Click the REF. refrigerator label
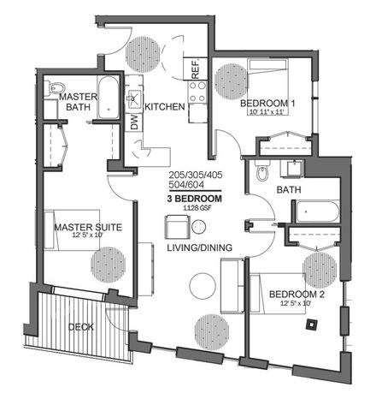coord(196,68)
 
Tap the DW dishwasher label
coord(134,122)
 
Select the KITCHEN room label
coord(165,107)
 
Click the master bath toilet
coord(55,88)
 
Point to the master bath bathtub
coord(109,97)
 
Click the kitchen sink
coord(134,98)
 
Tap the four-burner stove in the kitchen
coord(197,92)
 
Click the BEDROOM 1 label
coord(267,103)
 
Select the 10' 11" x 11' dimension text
coord(267,111)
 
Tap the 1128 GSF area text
coord(197,208)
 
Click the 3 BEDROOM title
coord(195,199)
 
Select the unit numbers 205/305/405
coord(196,175)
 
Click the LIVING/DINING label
coord(199,247)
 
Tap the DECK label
coord(81,327)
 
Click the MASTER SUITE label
coord(88,227)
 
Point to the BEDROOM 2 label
coord(297,294)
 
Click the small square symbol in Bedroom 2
coord(312,325)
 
